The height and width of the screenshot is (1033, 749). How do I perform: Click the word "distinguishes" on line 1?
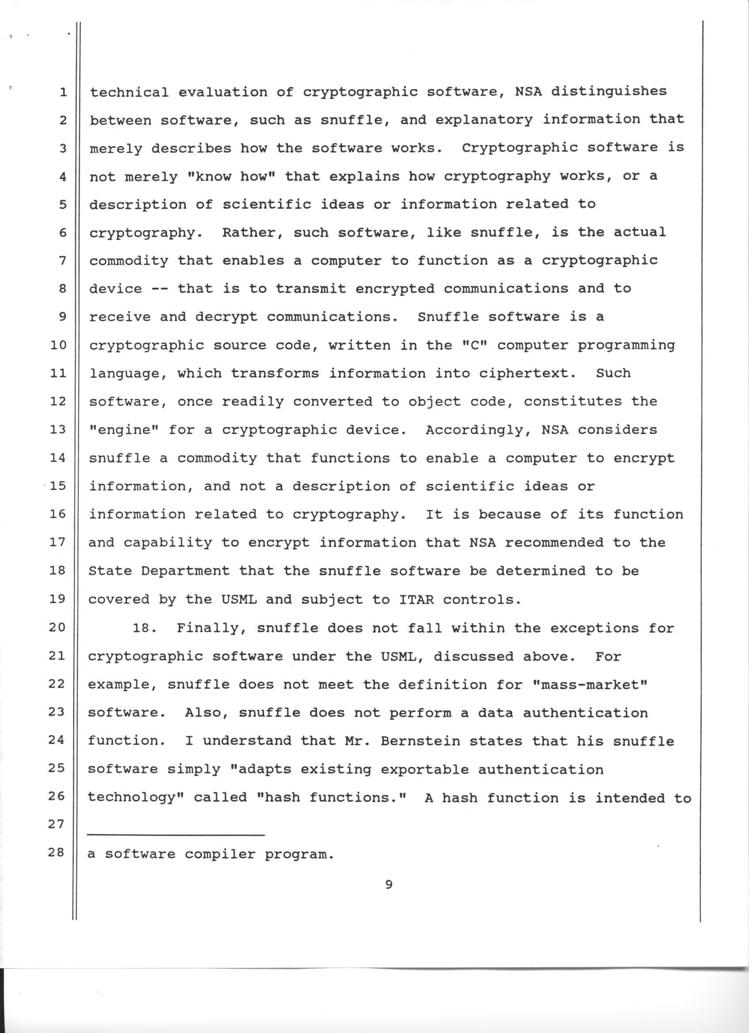[608, 92]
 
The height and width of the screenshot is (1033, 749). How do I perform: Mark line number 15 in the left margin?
[58, 486]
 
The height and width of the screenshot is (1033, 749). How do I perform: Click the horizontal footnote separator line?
[176, 835]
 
